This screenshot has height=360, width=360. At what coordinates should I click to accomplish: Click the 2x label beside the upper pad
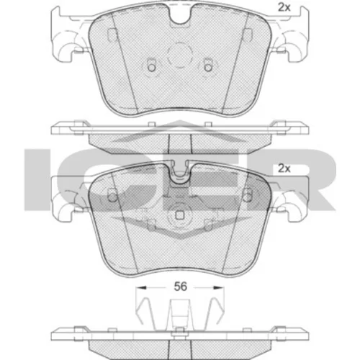point(284,8)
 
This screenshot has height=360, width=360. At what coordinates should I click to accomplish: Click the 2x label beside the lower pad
point(284,168)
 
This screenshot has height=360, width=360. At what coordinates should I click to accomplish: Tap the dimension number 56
point(180,287)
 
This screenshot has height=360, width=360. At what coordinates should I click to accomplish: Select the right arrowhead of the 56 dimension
point(219,287)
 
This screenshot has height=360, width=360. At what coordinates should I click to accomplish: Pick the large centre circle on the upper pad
point(180,55)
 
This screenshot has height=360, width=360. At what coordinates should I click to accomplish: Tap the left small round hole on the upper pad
point(151,68)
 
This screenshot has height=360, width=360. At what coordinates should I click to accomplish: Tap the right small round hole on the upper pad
point(208,68)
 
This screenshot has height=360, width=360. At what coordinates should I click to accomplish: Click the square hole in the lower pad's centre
point(179,215)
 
